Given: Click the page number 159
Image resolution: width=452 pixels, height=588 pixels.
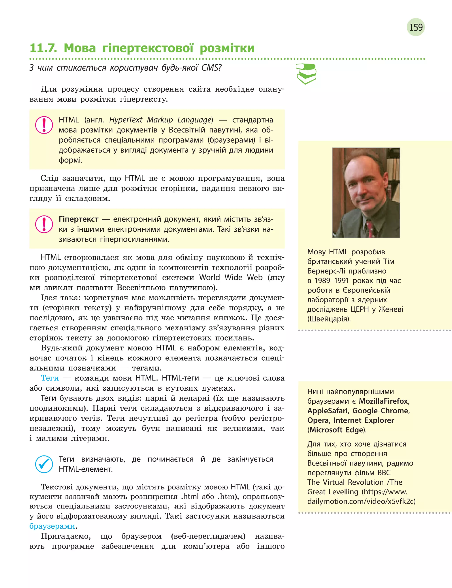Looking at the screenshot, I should (416, 27).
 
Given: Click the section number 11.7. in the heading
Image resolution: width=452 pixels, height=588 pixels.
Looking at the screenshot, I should (43, 48).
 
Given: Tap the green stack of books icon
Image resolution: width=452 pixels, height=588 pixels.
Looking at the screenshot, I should (306, 74).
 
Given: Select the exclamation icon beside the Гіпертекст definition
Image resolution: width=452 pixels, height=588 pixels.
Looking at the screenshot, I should (44, 224).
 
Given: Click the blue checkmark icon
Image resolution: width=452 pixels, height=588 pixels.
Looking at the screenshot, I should (44, 464).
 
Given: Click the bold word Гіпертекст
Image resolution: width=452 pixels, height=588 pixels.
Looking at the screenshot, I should (79, 219).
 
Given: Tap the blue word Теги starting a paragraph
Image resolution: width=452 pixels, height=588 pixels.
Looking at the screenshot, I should (50, 378).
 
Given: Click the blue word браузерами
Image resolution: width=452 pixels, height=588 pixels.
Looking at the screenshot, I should (52, 526).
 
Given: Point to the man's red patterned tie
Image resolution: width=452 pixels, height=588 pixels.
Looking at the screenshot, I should (371, 229).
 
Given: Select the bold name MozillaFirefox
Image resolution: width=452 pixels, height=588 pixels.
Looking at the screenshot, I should (383, 401).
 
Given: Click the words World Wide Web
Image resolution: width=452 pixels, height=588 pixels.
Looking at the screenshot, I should (231, 278).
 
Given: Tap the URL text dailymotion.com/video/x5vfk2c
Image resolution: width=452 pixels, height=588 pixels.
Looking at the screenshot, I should (361, 501).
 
